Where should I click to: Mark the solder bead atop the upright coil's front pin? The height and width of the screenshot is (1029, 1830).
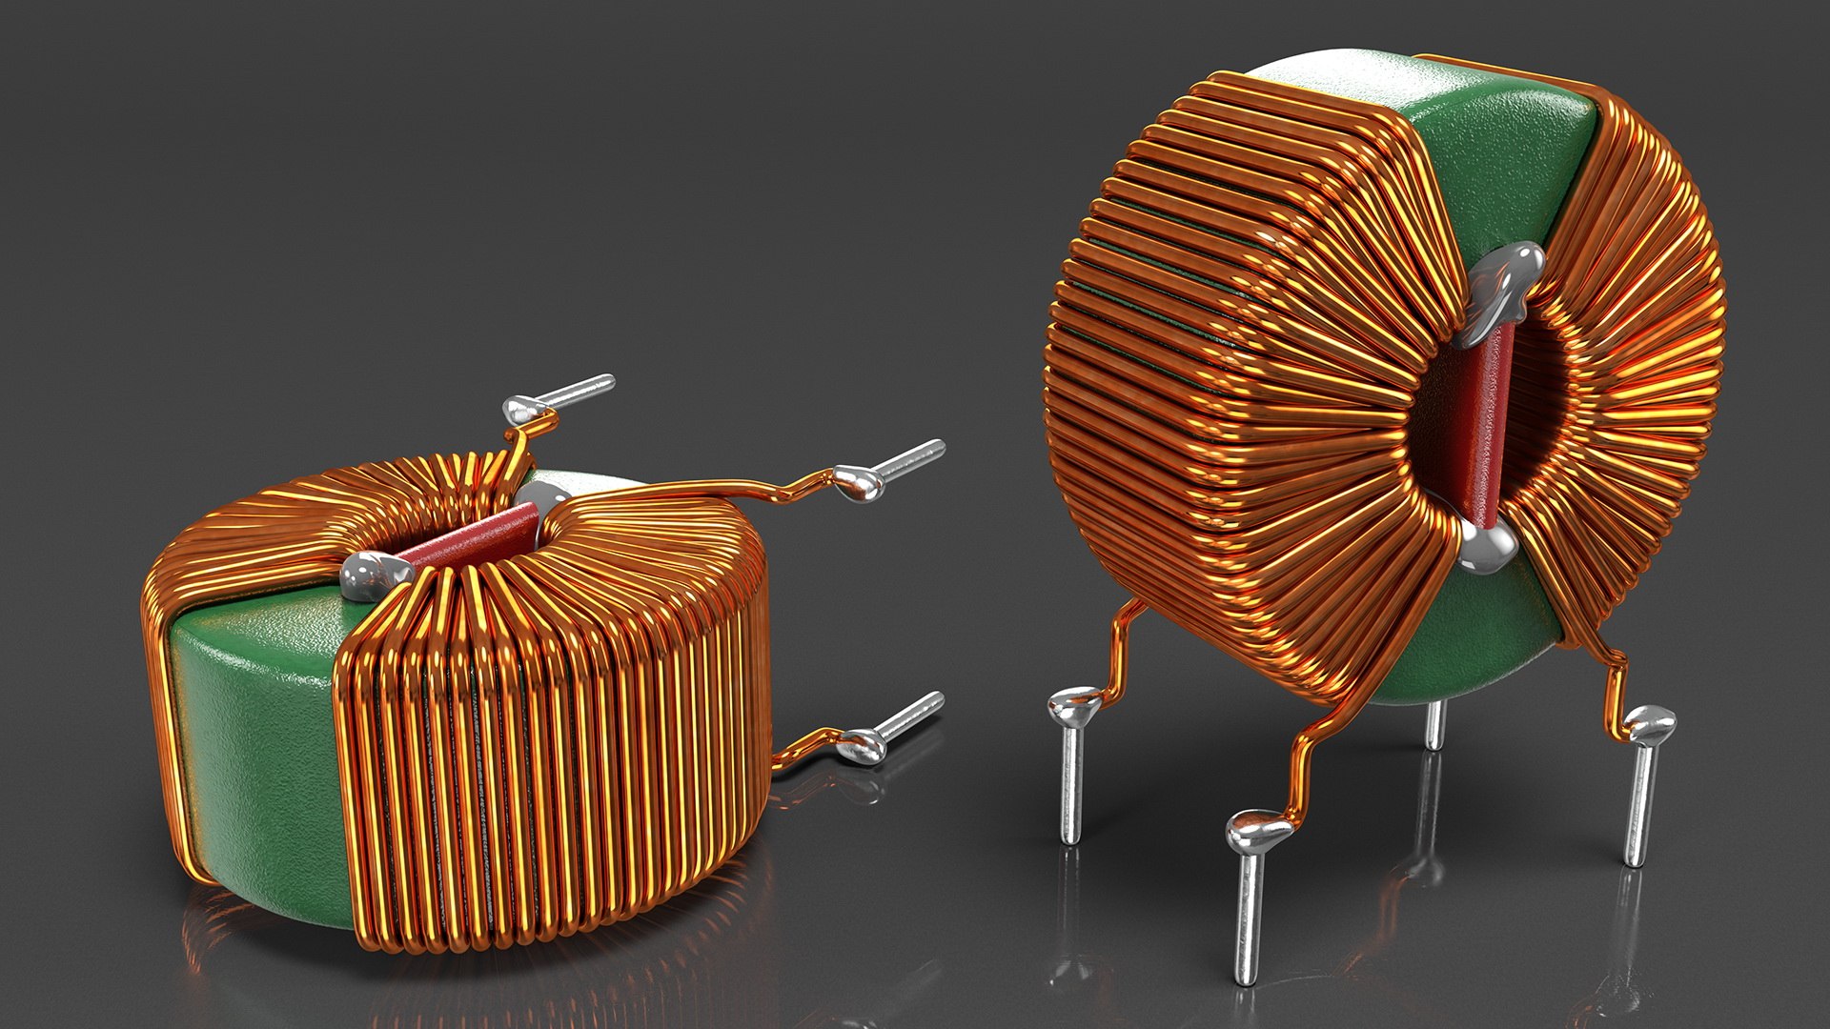point(1258,831)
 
